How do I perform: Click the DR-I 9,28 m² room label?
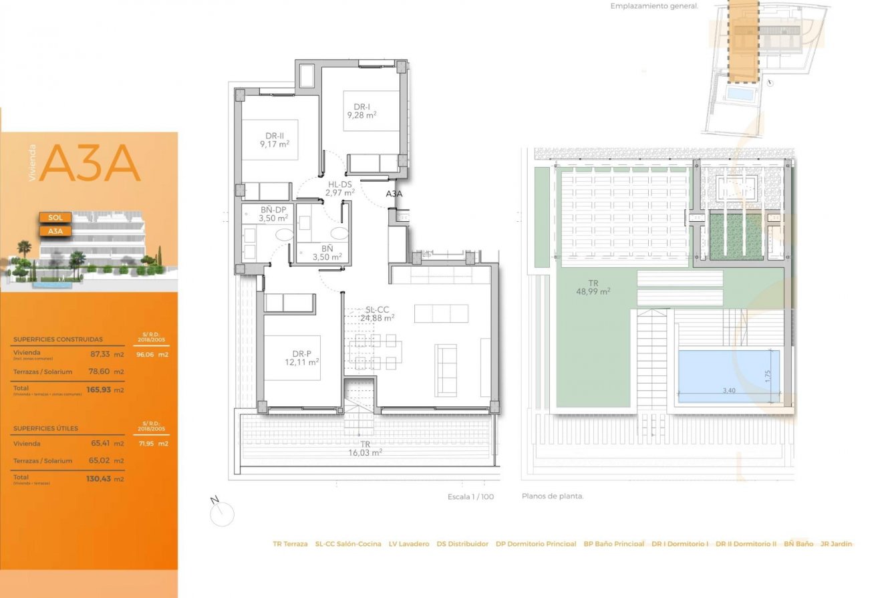(x=361, y=111)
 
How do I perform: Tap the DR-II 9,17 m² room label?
(x=275, y=140)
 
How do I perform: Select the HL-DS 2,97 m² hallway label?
(x=339, y=188)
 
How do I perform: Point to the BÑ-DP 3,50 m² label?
(x=273, y=214)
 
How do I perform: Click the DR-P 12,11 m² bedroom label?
(x=301, y=357)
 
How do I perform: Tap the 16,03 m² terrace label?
(x=365, y=448)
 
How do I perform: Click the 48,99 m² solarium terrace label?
(x=593, y=287)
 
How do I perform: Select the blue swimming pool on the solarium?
(x=728, y=375)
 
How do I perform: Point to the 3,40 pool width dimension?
(x=728, y=391)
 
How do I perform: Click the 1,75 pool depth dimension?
(x=769, y=376)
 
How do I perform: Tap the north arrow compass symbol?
(x=221, y=512)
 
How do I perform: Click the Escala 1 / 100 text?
(x=470, y=497)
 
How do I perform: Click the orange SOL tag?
(x=55, y=218)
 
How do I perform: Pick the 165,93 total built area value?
(x=98, y=390)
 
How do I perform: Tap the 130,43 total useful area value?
(x=98, y=478)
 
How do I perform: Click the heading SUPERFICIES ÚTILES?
(x=45, y=428)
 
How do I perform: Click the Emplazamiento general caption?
(x=653, y=6)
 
